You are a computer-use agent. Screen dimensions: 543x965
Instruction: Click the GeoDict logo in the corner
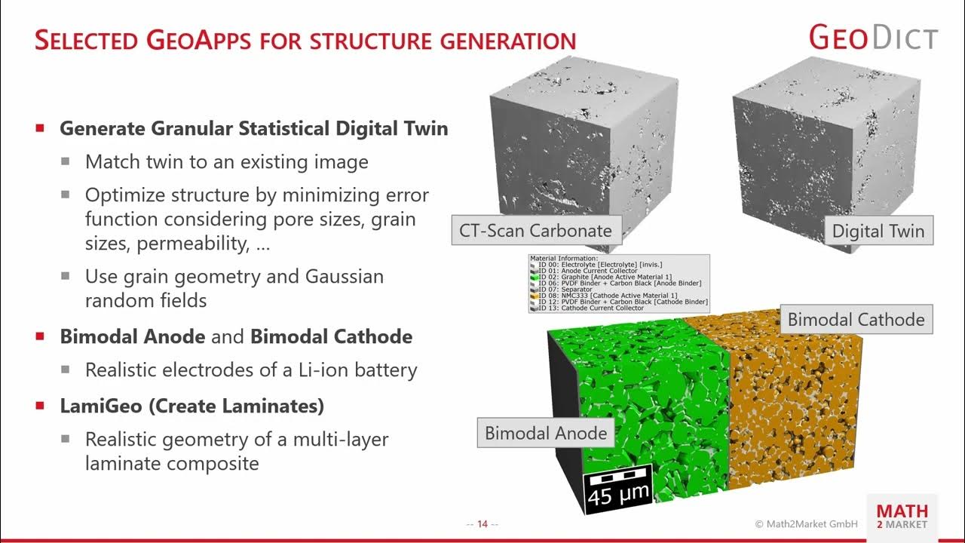tap(873, 38)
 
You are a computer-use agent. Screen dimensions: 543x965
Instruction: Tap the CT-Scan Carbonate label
tap(535, 231)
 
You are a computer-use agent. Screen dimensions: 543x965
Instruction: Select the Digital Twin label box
tap(878, 231)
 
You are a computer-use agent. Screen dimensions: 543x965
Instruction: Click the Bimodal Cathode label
tap(856, 319)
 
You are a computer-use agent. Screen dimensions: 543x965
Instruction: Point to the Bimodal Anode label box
tap(545, 433)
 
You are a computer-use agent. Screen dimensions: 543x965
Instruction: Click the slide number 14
tap(482, 524)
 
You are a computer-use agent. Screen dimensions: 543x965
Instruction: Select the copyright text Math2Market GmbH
tap(807, 524)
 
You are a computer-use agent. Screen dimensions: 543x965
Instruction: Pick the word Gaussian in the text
tap(345, 276)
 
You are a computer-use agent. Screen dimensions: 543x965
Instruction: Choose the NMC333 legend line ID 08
tap(604, 296)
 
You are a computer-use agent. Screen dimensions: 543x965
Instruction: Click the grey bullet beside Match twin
tap(66, 161)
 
